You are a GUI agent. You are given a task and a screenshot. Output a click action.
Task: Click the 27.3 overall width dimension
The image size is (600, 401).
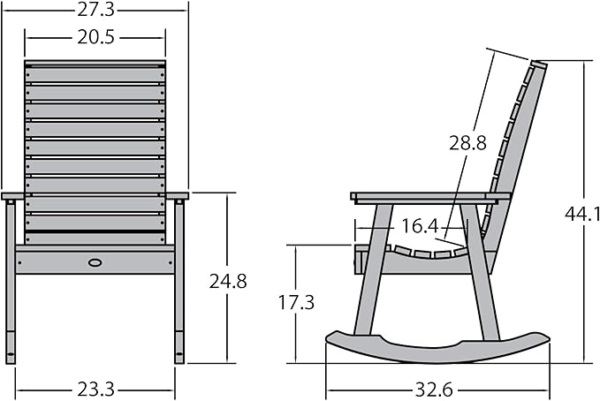coord(95,10)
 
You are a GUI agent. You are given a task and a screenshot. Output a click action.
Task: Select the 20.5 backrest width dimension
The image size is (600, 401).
coord(95,37)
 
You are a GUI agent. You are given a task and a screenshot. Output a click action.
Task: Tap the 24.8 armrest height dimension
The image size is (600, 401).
coord(228,282)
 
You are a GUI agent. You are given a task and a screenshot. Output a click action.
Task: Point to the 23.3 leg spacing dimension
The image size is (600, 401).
coord(96,390)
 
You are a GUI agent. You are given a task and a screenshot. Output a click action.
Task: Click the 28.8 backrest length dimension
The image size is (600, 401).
coord(467,143)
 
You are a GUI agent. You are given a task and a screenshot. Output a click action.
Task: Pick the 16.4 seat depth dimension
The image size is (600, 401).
coord(420,226)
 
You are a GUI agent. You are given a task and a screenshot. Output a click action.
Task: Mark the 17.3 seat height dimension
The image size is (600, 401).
coord(296,302)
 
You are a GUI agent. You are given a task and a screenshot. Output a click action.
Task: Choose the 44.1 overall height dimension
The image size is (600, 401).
coord(582,216)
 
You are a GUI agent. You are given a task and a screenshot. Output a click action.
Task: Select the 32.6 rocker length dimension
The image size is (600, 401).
coord(434,390)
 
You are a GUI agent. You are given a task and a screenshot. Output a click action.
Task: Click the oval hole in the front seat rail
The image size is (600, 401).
coord(95,262)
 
